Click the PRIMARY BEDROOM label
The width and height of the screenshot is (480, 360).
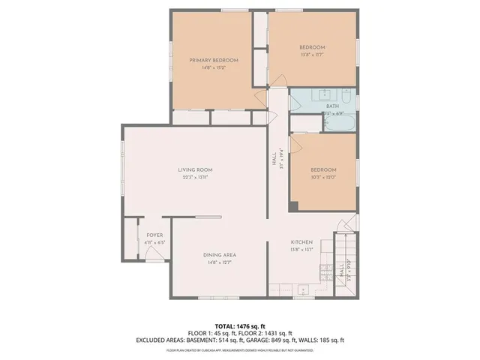(x=214, y=60)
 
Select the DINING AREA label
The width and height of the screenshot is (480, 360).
(x=220, y=255)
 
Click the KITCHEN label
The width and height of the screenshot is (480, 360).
(x=301, y=242)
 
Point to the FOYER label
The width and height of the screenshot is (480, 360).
(x=154, y=235)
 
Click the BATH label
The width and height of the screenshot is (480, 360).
(x=332, y=106)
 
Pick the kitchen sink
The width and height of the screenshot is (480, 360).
(x=301, y=289)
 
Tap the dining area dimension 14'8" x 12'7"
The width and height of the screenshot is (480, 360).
(x=220, y=263)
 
